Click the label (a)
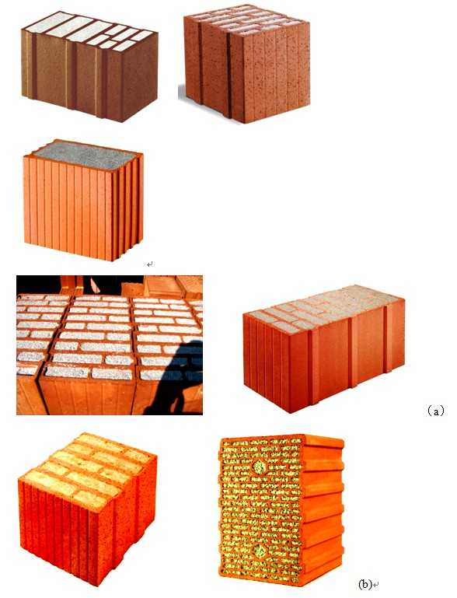[434, 411]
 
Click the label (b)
[365, 584]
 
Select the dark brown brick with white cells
[89, 66]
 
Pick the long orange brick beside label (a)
[324, 348]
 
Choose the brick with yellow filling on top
[87, 509]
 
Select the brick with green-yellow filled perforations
[281, 510]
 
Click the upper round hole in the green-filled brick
[259, 467]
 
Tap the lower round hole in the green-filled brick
[260, 551]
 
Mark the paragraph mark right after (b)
[376, 585]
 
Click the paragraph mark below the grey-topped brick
[150, 264]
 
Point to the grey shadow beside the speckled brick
[181, 93]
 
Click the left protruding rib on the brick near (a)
[313, 367]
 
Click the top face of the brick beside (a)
[324, 306]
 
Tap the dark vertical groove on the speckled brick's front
[229, 76]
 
